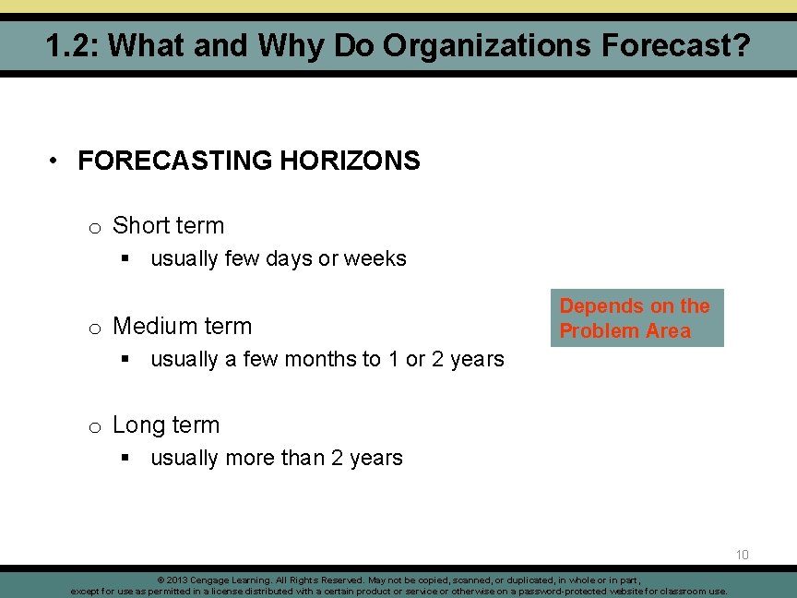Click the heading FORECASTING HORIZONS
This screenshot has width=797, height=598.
[x=249, y=161]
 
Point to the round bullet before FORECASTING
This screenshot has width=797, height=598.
[x=57, y=161]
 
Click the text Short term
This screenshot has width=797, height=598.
[x=168, y=225]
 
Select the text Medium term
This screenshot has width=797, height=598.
[x=182, y=326]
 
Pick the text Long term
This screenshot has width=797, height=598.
[x=166, y=425]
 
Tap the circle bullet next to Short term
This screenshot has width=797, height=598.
[x=94, y=227]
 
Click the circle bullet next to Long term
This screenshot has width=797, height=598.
[x=94, y=427]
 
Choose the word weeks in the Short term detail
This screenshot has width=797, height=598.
[x=375, y=258]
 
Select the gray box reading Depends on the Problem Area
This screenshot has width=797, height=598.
[x=636, y=318]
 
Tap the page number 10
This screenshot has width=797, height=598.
[x=743, y=555]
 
